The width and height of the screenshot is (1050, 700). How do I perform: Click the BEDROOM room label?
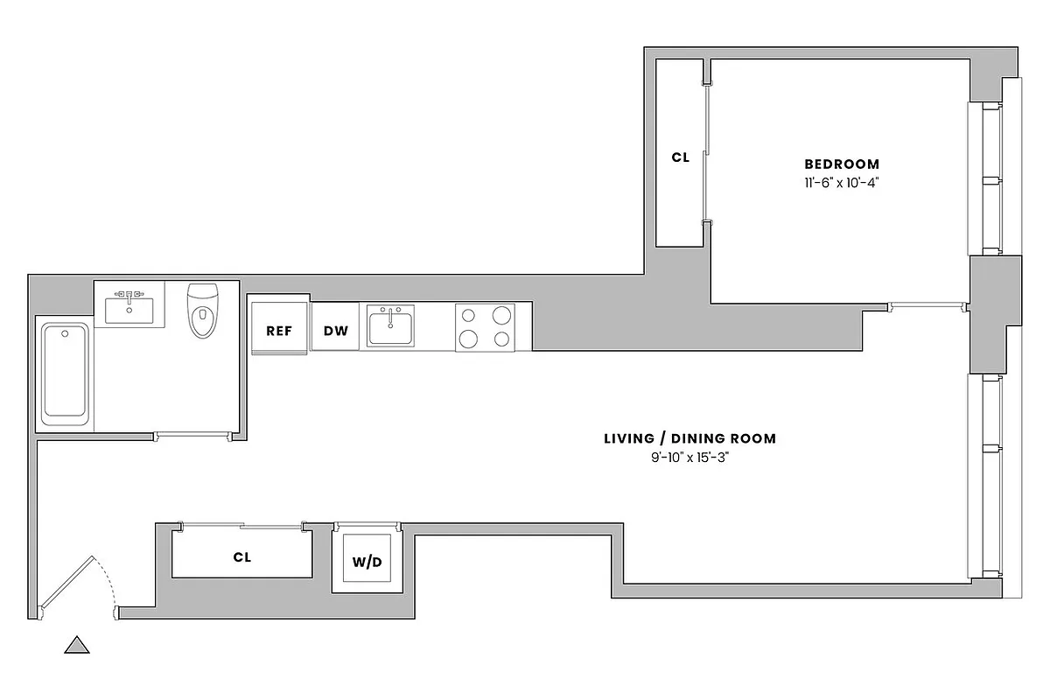(842, 164)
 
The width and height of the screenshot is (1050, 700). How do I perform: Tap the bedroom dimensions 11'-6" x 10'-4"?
(841, 183)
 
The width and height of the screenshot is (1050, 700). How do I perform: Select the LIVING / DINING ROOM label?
(689, 438)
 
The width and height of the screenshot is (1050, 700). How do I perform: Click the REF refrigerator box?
(279, 330)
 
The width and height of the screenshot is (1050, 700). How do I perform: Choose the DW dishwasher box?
(335, 330)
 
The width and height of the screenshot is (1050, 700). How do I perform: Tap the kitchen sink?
(390, 326)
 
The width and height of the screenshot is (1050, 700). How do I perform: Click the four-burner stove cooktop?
(484, 327)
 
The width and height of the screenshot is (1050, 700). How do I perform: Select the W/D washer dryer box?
(367, 561)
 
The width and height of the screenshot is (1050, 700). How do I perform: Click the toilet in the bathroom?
(202, 311)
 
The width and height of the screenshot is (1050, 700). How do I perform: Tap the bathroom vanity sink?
(129, 307)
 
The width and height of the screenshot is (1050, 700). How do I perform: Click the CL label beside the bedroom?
(681, 158)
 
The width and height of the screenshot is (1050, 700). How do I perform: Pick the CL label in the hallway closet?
(242, 556)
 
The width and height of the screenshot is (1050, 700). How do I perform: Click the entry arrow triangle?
(78, 646)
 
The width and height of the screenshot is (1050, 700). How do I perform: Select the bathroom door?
(192, 435)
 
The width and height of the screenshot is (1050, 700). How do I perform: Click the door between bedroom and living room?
(926, 306)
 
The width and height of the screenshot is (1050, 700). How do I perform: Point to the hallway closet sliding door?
(241, 526)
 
